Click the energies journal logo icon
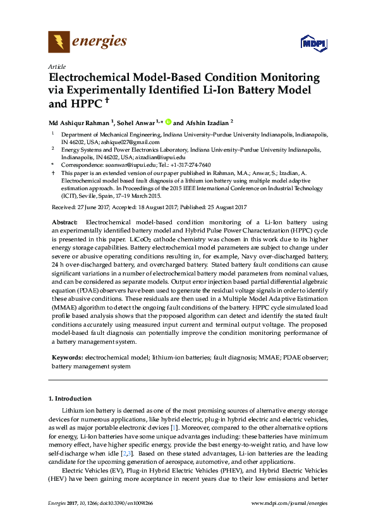[59, 42]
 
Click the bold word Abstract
[64, 222]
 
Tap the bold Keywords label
[68, 358]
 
